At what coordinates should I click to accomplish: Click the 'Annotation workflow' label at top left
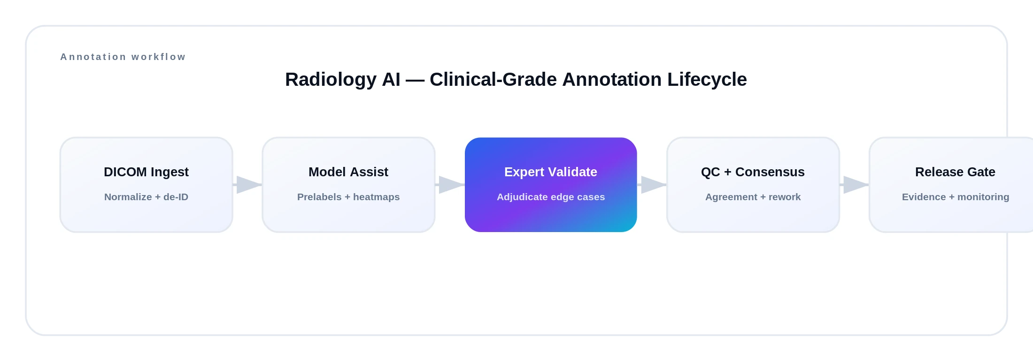pyautogui.click(x=123, y=57)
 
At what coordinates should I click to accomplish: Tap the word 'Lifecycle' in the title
pyautogui.click(x=707, y=79)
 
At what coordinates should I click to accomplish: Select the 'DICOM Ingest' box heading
pyautogui.click(x=146, y=172)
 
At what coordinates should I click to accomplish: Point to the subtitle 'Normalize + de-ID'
pyautogui.click(x=146, y=197)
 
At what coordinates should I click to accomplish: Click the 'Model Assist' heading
pyautogui.click(x=348, y=172)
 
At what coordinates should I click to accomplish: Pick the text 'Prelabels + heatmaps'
pyautogui.click(x=348, y=197)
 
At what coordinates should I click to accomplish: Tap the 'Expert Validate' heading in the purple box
pyautogui.click(x=550, y=172)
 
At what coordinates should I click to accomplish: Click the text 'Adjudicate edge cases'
pyautogui.click(x=550, y=197)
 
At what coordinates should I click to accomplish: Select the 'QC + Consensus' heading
pyautogui.click(x=752, y=172)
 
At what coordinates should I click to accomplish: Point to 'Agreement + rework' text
pyautogui.click(x=752, y=197)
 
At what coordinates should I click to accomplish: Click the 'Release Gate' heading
pyautogui.click(x=955, y=172)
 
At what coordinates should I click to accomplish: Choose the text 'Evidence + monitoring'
pyautogui.click(x=955, y=197)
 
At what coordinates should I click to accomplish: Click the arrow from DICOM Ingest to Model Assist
pyautogui.click(x=247, y=185)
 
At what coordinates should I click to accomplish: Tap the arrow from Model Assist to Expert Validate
pyautogui.click(x=450, y=185)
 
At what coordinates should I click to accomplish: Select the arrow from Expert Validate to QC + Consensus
pyautogui.click(x=652, y=185)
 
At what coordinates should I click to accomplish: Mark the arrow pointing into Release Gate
pyautogui.click(x=854, y=185)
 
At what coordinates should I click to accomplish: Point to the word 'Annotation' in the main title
pyautogui.click(x=612, y=79)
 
